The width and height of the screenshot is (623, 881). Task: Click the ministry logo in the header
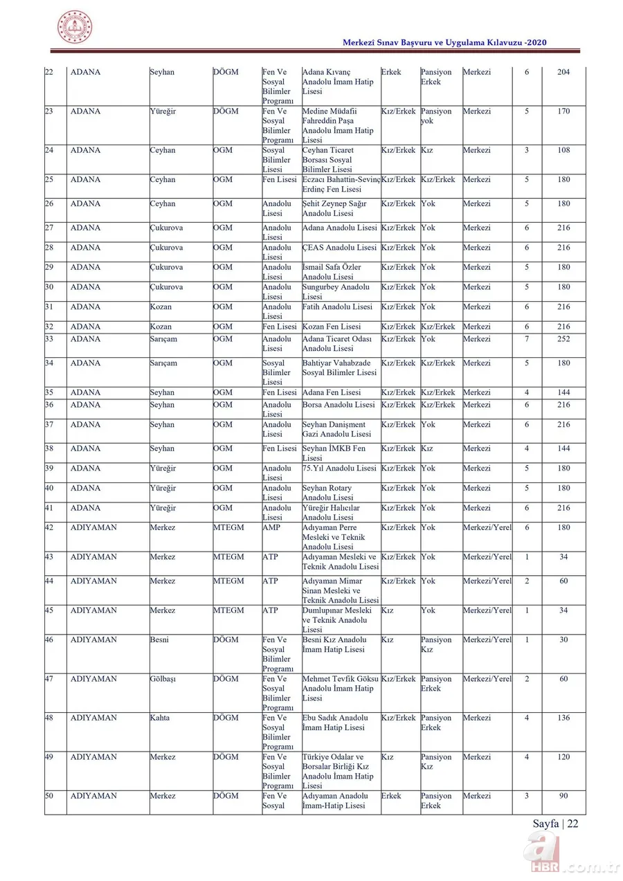point(74,28)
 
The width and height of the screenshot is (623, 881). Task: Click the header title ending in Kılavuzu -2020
point(445,43)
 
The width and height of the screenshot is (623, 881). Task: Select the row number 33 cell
point(49,339)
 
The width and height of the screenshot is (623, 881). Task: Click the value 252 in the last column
point(563,339)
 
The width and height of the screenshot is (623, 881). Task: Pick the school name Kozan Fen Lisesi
point(332,327)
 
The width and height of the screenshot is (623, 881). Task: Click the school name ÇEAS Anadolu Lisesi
point(340,247)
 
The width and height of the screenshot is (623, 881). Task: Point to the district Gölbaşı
point(163,679)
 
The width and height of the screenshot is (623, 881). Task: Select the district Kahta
point(160,718)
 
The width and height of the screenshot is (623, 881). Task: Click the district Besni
point(159,639)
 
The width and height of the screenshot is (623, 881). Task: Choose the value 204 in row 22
point(563,72)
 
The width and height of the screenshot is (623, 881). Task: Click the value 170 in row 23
point(563,111)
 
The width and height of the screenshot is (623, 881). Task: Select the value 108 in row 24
point(563,150)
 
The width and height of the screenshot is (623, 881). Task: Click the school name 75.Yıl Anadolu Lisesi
point(339,469)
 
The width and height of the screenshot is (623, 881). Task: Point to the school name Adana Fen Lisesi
point(332,392)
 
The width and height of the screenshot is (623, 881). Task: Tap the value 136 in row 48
point(563,718)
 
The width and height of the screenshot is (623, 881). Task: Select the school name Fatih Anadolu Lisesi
point(337,307)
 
